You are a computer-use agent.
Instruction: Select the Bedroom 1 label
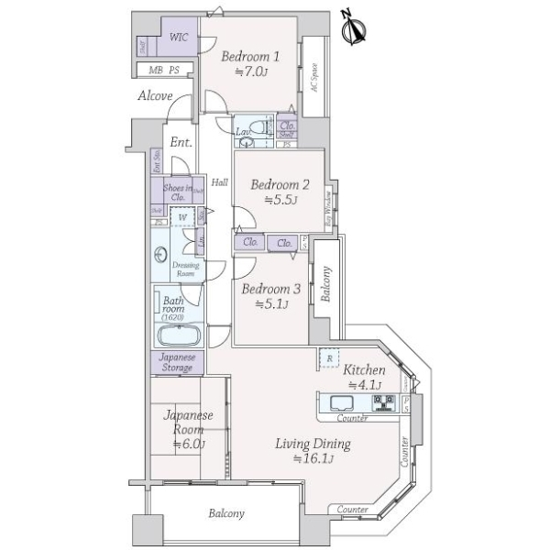249,56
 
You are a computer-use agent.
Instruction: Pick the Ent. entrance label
180,142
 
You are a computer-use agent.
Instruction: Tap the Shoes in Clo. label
176,191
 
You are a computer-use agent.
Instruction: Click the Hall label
220,182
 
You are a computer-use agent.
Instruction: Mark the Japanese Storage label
176,362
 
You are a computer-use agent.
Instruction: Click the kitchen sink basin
339,403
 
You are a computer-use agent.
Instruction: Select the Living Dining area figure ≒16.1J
313,458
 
